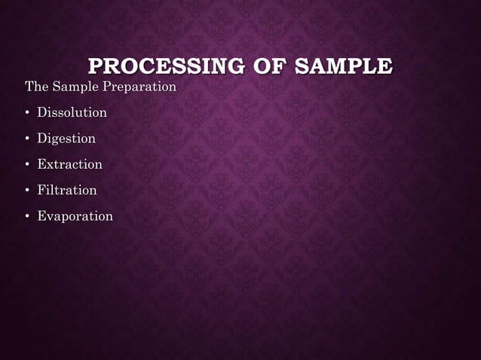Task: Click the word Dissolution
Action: (72, 113)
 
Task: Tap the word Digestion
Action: (66, 139)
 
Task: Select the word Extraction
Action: (69, 164)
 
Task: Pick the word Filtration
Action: (67, 191)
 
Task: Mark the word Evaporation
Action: (75, 217)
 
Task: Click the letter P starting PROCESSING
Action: (96, 66)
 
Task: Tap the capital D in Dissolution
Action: (42, 113)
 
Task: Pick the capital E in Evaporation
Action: (42, 216)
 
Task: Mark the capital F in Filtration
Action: (41, 191)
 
